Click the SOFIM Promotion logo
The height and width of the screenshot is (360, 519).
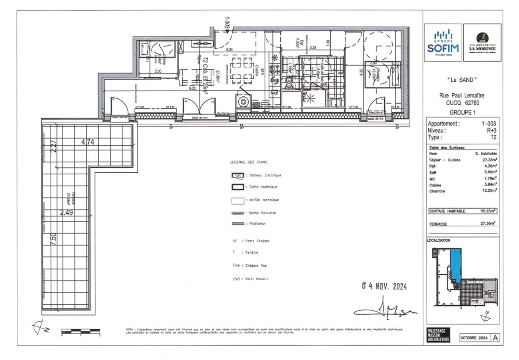tap(443, 42)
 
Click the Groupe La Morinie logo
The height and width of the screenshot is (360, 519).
tap(482, 42)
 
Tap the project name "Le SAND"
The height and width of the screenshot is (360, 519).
tap(462, 80)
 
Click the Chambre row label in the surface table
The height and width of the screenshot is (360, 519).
tap(437, 191)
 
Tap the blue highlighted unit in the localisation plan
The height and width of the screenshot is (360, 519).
tap(455, 262)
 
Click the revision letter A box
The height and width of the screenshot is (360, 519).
tap(495, 338)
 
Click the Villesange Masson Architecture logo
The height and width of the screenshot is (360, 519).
tap(438, 335)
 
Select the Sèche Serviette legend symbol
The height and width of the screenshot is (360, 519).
tap(238, 213)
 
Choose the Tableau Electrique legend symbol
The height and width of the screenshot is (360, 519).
tap(238, 175)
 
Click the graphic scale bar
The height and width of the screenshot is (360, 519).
tap(80, 331)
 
